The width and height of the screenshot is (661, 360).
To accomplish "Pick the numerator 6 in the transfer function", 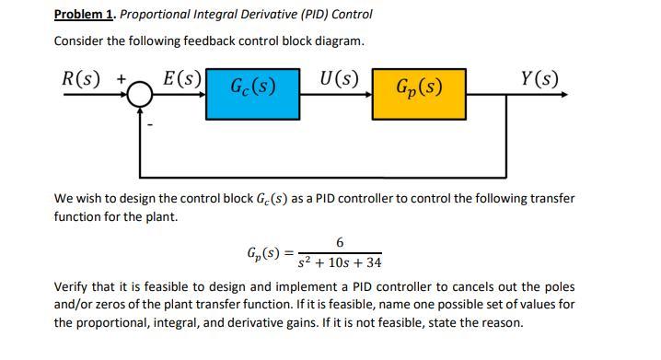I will tap(340, 242).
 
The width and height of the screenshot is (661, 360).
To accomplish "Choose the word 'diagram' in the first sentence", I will tap(338, 41).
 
